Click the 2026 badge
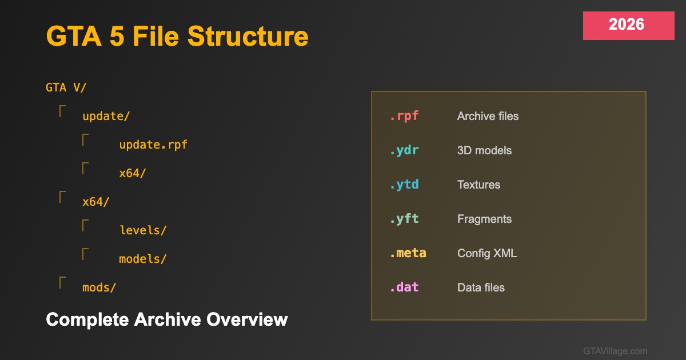(628, 26)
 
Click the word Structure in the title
(248, 37)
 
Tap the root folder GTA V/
(66, 87)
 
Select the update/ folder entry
(106, 117)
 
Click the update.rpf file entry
(153, 145)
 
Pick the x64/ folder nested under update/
(132, 174)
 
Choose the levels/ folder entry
(143, 230)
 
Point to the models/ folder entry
(143, 259)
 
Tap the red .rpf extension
(404, 116)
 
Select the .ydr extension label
(404, 150)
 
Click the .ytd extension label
(404, 185)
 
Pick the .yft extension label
(404, 219)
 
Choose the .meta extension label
(408, 253)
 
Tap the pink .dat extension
(404, 287)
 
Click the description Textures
(478, 185)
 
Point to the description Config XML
(487, 253)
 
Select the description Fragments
(485, 219)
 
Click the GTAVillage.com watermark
(615, 351)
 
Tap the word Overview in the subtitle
(247, 319)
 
